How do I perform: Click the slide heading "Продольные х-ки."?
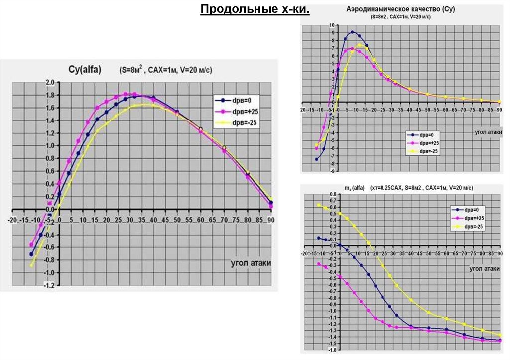pos(255,9)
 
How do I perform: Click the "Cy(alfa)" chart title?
pos(84,70)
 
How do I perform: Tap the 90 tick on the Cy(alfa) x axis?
pos(270,219)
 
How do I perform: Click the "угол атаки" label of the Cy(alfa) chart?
pos(252,262)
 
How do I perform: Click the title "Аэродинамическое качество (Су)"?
pos(400,9)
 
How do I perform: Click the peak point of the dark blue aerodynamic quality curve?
pos(353,32)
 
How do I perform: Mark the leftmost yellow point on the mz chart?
pos(318,205)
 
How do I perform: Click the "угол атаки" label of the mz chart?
pos(484,268)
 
